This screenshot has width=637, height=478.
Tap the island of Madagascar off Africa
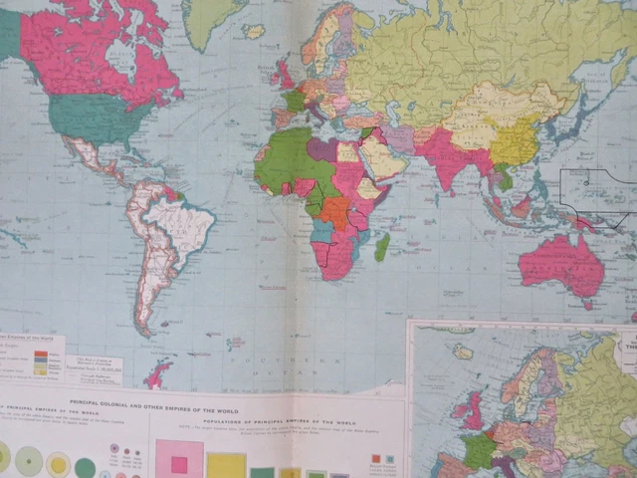tap(382, 246)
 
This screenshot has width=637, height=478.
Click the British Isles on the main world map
tap(285, 74)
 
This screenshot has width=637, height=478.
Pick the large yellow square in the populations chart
tap(226, 466)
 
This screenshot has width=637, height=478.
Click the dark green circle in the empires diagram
tap(86, 467)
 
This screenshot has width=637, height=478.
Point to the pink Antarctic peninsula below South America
tap(157, 375)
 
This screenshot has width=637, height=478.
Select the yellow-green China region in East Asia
tap(513, 144)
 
